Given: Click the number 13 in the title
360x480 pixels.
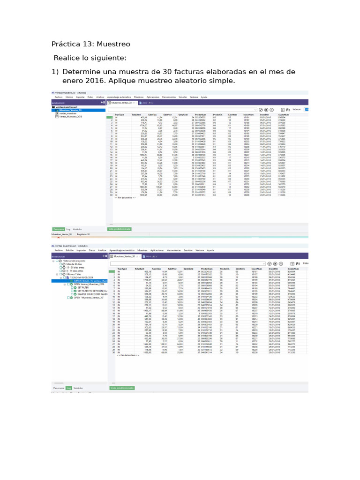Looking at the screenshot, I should click(x=89, y=44).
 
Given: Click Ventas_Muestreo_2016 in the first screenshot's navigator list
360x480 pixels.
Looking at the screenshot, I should click(x=71, y=116).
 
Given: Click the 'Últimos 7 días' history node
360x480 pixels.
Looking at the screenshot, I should click(x=74, y=274).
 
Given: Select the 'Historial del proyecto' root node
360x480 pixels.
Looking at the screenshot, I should click(x=75, y=261).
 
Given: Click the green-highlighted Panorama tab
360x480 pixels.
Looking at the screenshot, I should click(x=58, y=229).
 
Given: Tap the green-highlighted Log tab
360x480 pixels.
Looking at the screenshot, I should click(x=68, y=388).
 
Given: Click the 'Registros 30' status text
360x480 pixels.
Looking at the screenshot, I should click(x=83, y=233).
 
